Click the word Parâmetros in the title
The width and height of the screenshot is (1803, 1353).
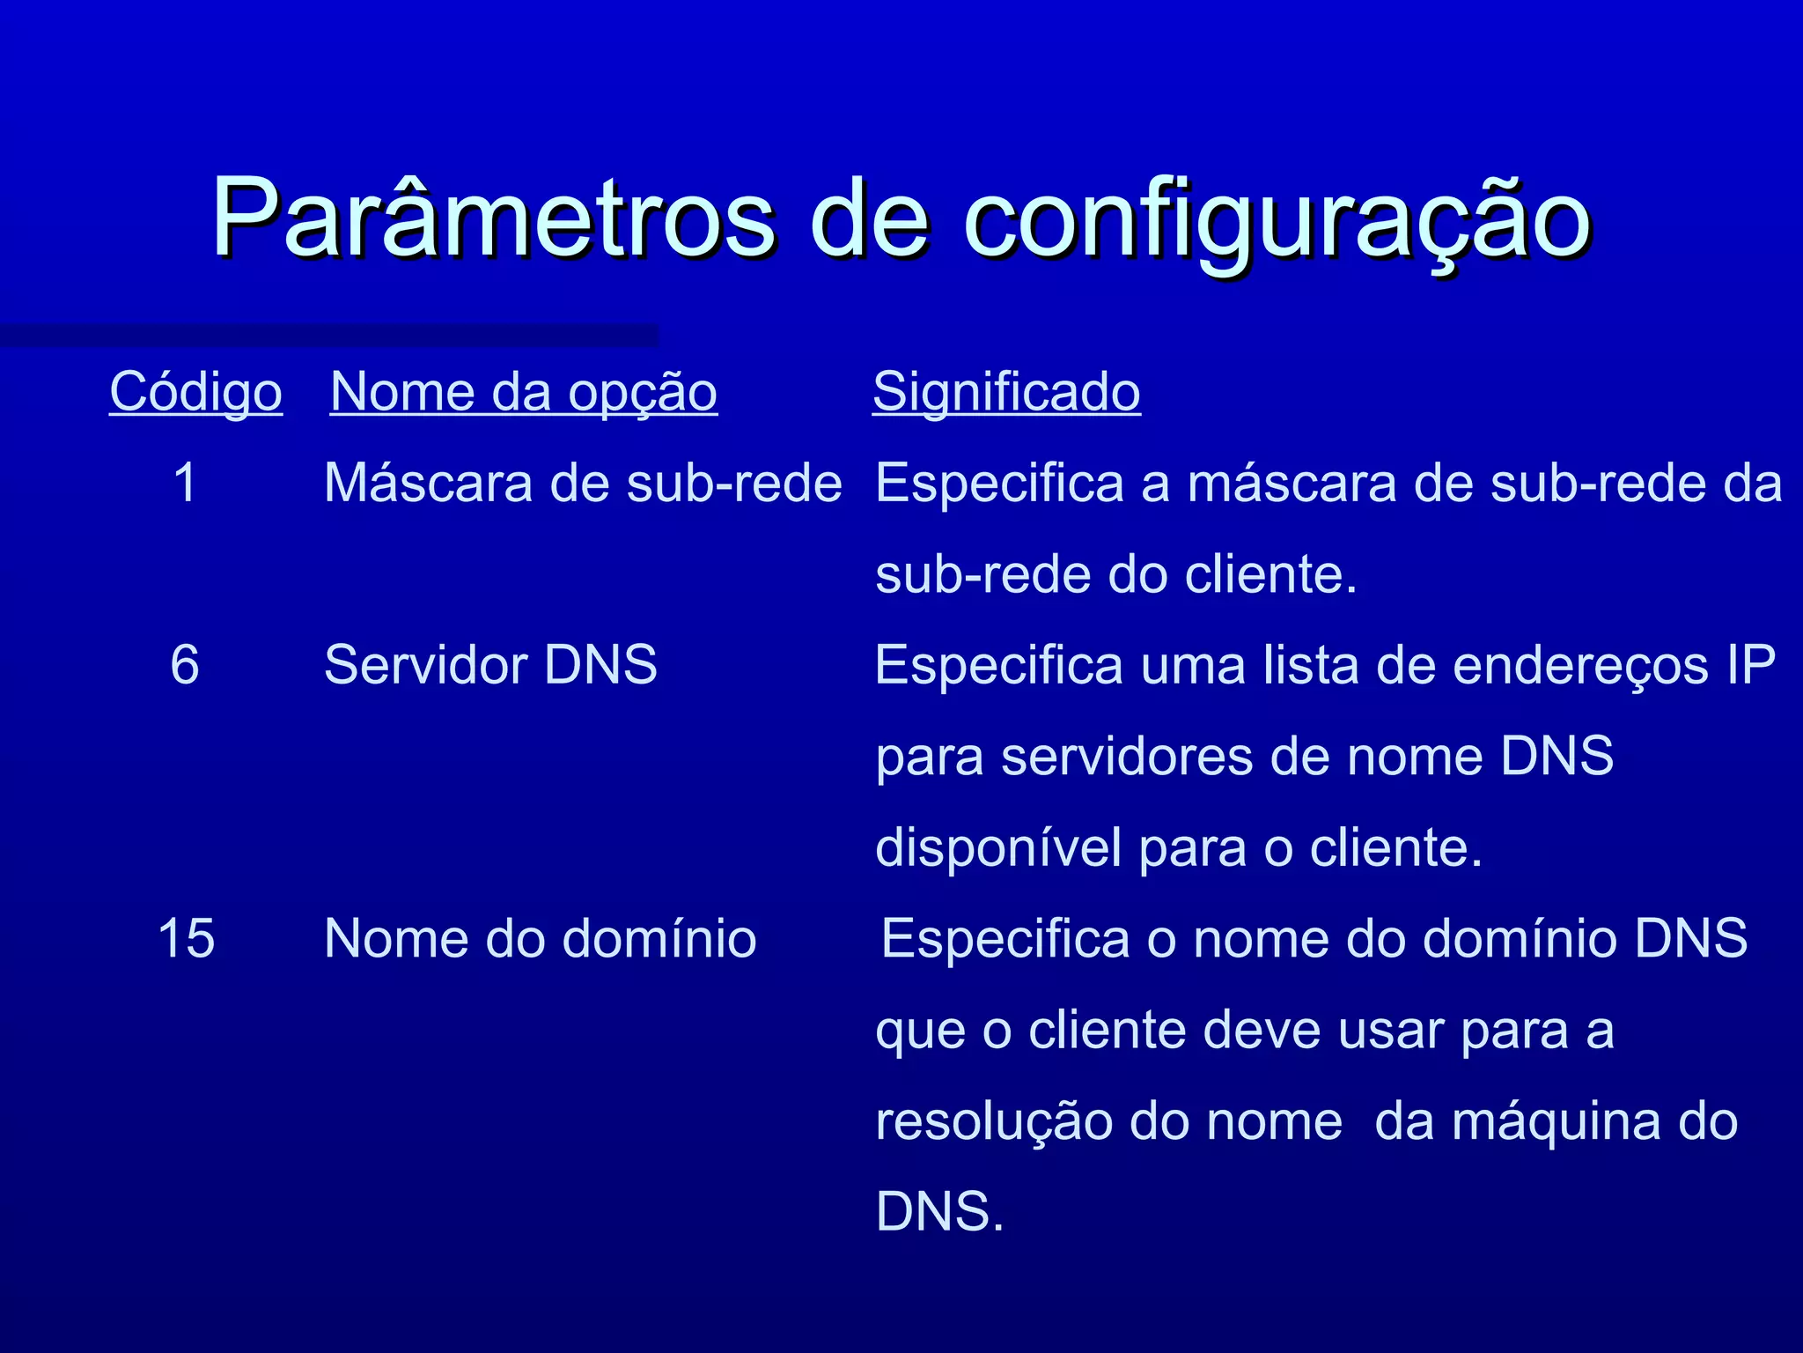coord(493,218)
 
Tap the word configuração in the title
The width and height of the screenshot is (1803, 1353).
coord(1277,220)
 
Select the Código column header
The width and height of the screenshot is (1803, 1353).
coord(195,392)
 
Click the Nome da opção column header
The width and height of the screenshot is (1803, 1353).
coord(524,392)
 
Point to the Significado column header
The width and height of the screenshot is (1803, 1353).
coord(1006,392)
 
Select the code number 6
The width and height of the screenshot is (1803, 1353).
coord(185,664)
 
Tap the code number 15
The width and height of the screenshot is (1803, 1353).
coord(186,938)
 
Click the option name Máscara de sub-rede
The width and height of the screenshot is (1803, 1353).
coord(583,484)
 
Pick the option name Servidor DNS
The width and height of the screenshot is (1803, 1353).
coord(490,664)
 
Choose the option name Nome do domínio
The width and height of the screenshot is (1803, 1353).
coord(540,938)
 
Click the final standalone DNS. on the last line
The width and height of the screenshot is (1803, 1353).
coord(939,1212)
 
